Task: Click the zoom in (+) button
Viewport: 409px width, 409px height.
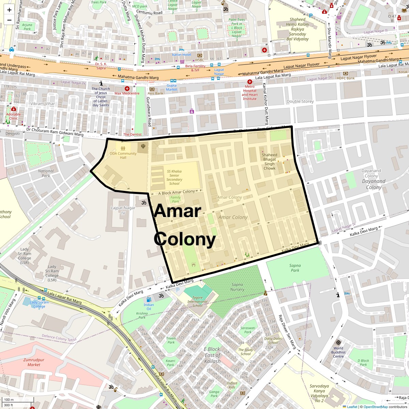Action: (x=9, y=10)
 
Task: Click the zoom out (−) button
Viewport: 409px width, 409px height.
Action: (x=9, y=20)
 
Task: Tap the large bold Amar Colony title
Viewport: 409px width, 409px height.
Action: (x=184, y=225)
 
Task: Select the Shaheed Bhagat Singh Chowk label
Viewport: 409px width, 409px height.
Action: (x=269, y=162)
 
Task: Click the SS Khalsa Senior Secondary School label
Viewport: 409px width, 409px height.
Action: (x=174, y=177)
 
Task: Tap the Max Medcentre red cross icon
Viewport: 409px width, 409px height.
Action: (x=127, y=88)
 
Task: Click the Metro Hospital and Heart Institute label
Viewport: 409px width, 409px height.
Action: (x=249, y=93)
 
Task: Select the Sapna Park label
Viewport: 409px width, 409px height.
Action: (x=295, y=268)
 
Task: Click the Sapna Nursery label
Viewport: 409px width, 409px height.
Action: (x=237, y=287)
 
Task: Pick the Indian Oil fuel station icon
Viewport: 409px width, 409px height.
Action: (x=149, y=300)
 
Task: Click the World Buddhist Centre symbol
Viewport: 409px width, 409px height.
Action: (x=338, y=342)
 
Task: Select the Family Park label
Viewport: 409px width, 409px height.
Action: (x=175, y=199)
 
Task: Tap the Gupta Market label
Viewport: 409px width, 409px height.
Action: (x=172, y=87)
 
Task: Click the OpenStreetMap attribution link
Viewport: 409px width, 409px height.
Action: (x=375, y=407)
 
